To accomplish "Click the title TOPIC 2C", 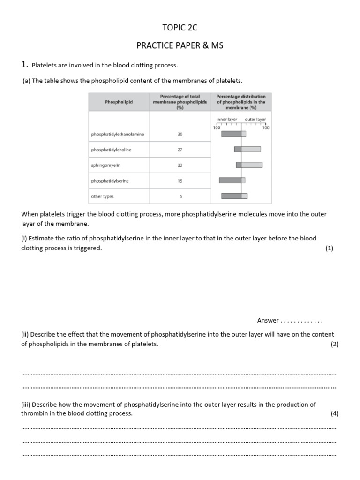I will (180, 28).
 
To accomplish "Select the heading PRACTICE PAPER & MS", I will (180, 45).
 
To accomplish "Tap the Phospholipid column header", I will (119, 102).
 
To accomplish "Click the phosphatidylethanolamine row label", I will (118, 135).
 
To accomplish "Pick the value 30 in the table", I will (180, 135).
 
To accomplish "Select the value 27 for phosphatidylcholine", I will (180, 150).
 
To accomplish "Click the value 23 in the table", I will (180, 165).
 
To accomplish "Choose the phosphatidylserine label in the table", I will (110, 180).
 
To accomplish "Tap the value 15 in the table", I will (180, 180).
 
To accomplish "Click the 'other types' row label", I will (102, 196).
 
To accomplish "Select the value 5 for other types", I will (180, 196).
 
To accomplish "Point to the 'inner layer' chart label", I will (227, 120).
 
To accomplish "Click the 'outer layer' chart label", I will (255, 120).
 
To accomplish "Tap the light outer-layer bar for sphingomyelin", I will (252, 165).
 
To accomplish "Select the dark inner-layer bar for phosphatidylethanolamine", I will (231, 134).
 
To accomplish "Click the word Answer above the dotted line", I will (268, 321).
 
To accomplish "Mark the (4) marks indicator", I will (334, 413).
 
